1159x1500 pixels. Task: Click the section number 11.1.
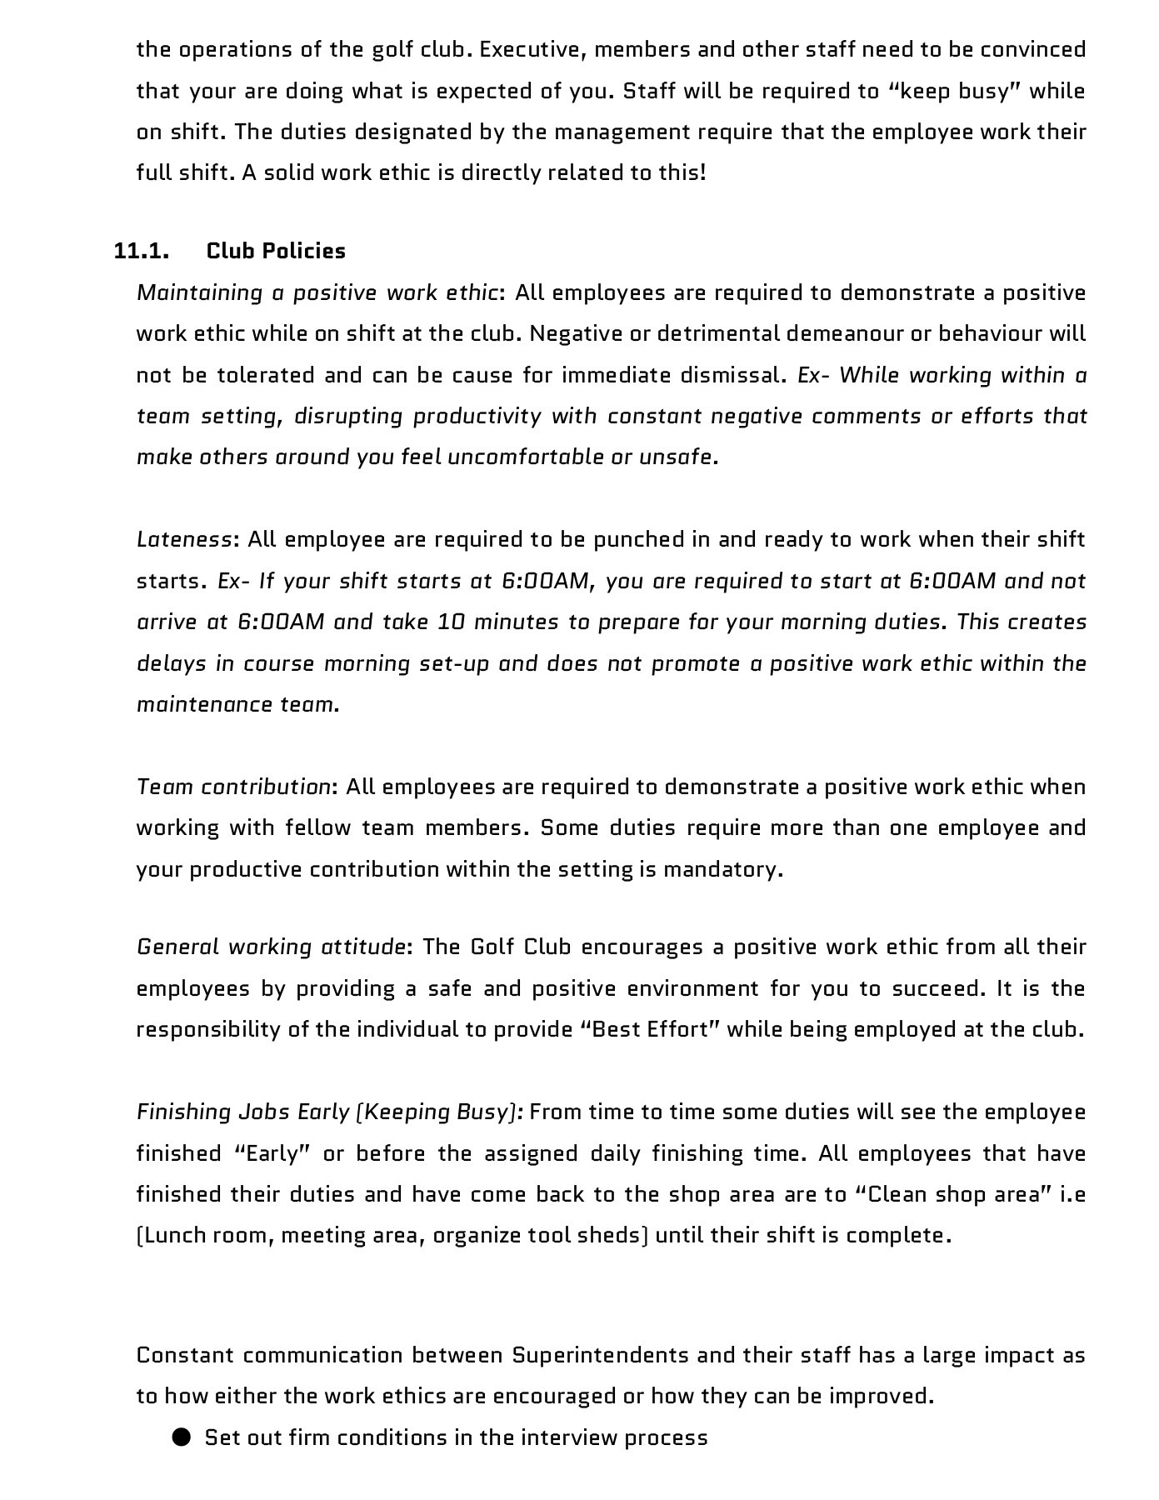[141, 251]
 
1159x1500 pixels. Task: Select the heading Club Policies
[276, 251]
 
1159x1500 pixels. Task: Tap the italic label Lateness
[183, 539]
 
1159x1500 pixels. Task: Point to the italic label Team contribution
[234, 787]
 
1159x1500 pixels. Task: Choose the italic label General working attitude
[271, 947]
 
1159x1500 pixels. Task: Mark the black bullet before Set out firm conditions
[182, 1437]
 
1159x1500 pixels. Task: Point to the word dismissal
[732, 375]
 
